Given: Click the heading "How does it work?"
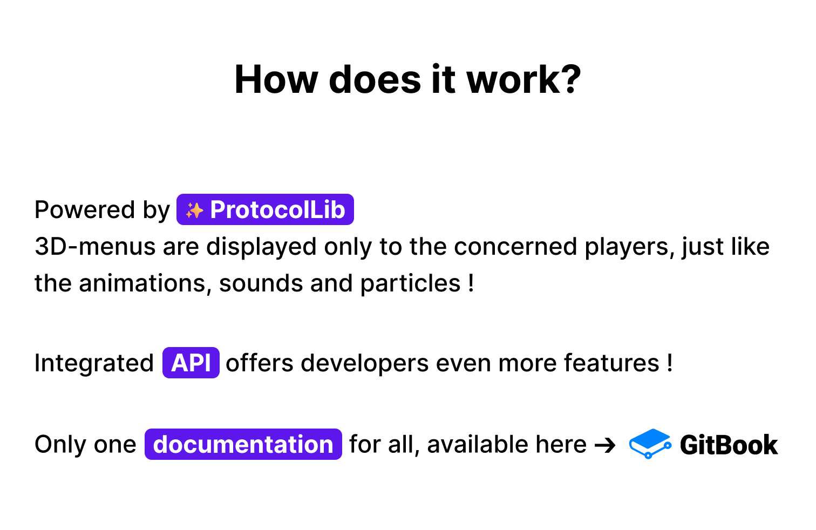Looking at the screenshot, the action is click(407, 79).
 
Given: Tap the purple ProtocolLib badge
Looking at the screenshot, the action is click(265, 209).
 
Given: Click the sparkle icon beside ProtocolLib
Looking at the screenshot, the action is click(194, 210).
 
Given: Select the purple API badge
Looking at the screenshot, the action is click(191, 363).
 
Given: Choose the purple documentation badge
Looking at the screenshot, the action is click(243, 444).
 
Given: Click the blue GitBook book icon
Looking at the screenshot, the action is click(650, 444).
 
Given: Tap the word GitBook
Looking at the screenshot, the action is click(729, 445).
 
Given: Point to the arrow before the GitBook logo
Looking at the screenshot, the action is click(604, 445).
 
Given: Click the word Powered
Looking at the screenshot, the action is click(85, 209).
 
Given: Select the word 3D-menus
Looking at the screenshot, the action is click(95, 247).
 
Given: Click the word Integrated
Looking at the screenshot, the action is click(94, 364).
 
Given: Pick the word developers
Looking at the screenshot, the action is click(365, 364).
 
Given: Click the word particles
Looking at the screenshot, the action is click(411, 284).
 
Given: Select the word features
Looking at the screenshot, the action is click(611, 363).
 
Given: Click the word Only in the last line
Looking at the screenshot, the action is click(60, 445).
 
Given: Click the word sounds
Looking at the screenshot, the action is click(261, 283).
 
